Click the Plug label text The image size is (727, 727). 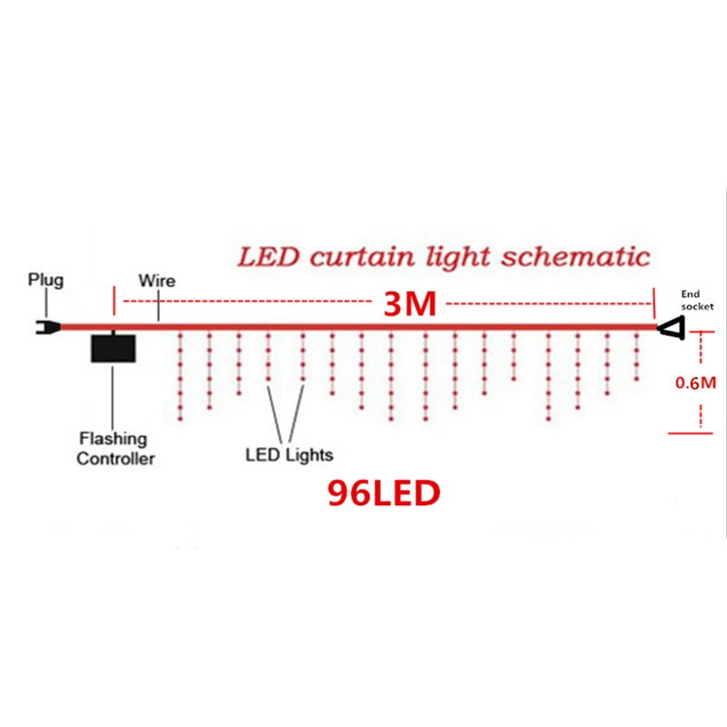[45, 279]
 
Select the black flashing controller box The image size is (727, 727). [113, 348]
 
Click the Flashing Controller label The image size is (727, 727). [115, 449]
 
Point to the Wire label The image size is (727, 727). [156, 281]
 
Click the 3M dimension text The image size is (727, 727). [410, 304]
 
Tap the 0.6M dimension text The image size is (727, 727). [697, 383]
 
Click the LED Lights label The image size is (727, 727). [289, 454]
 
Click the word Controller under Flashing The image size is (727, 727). [115, 459]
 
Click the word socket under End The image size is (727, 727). [698, 307]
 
